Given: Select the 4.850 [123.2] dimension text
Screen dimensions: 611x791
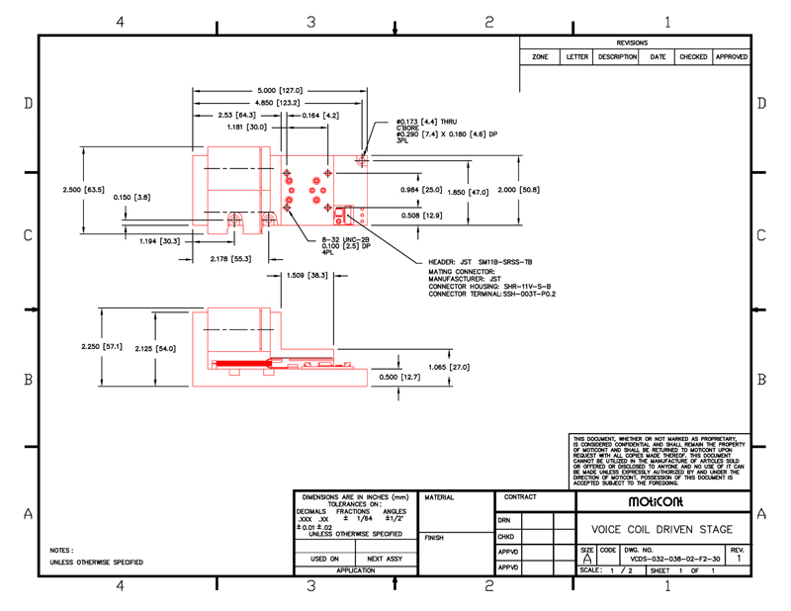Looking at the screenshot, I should pos(278,102).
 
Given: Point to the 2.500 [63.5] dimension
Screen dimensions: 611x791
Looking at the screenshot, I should pos(83,189).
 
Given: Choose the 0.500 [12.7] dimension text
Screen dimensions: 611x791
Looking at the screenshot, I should pos(398,377).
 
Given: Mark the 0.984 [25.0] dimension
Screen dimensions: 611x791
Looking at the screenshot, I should pos(421,189).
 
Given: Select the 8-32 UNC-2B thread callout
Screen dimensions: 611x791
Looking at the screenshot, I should pos(346,239).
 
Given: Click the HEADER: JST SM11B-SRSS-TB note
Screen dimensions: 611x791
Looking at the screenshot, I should pos(481,262).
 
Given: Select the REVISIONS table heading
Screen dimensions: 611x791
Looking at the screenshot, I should pos(632,44).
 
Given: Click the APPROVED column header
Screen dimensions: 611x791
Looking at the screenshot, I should pos(732,57).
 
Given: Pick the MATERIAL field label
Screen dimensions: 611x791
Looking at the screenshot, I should pos(439,497).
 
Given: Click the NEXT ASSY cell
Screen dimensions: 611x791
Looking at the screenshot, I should pos(385,559).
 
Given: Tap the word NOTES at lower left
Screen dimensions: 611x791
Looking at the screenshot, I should pos(61,550).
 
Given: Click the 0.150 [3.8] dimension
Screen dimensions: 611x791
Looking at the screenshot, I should pos(132,197).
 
